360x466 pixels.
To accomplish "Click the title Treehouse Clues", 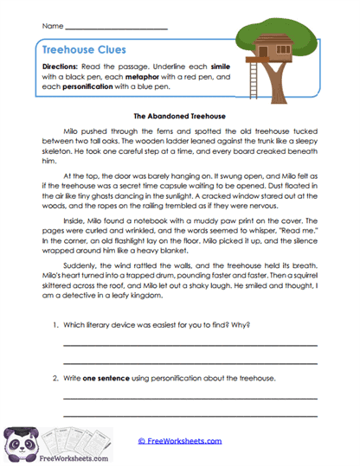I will (83, 50).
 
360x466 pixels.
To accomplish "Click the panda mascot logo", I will (26, 443).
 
